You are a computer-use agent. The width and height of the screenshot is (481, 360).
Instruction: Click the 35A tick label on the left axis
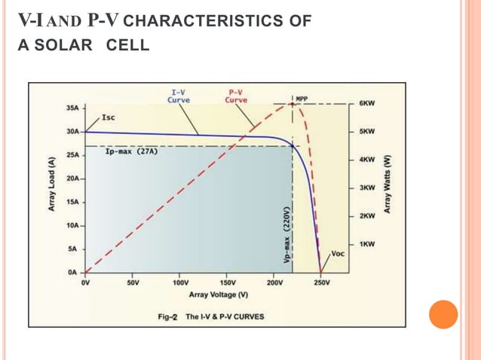(72, 108)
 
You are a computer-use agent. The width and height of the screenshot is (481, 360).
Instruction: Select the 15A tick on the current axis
(72, 202)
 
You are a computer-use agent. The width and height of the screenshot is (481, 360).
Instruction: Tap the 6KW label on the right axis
(367, 102)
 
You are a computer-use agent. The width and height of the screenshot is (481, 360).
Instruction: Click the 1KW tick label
(367, 245)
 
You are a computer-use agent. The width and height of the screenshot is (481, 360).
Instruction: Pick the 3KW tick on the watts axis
(367, 188)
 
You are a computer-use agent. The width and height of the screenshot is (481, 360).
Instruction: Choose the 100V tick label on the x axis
(179, 283)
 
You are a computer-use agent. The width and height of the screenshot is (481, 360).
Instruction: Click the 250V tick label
(322, 283)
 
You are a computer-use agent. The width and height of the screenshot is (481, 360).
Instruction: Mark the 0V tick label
(85, 283)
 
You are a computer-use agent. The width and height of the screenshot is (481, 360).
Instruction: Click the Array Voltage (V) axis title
(219, 294)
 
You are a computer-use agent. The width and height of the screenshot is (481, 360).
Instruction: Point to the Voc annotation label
(338, 254)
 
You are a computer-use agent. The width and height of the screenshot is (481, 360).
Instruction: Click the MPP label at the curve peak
(302, 99)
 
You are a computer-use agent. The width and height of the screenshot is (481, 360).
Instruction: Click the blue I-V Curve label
(179, 96)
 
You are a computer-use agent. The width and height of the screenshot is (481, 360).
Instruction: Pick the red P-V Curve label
(237, 96)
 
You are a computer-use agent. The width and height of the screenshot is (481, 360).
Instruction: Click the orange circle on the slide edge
(443, 314)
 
